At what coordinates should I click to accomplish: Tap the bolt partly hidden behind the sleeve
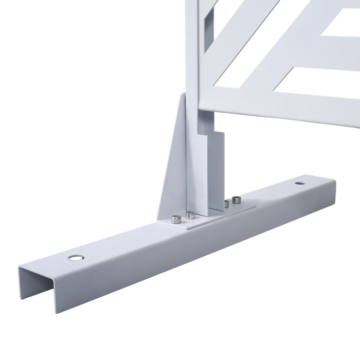click(x=226, y=204)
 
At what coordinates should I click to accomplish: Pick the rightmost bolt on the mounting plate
click(x=237, y=200)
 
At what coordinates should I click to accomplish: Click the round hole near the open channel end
click(x=76, y=257)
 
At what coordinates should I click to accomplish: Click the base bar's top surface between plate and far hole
click(x=273, y=193)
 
